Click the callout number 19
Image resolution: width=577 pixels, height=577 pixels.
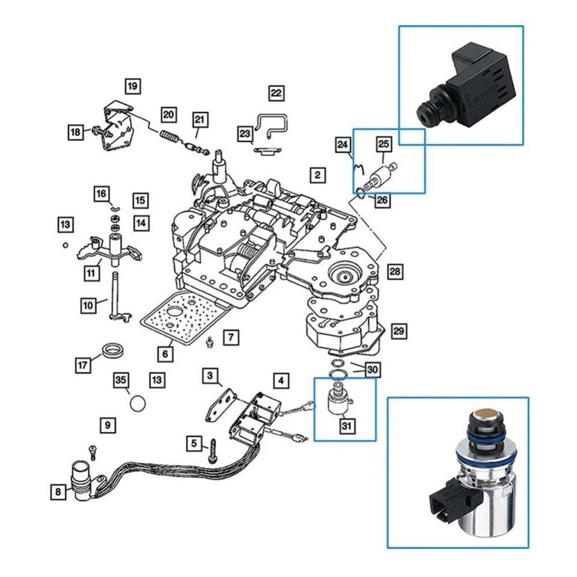click(133, 87)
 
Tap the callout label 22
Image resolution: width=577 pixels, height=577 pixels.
click(276, 93)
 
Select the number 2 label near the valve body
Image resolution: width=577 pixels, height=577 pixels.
click(317, 175)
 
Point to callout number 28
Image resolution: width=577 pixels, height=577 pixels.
click(395, 272)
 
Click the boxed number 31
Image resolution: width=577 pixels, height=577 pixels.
click(347, 426)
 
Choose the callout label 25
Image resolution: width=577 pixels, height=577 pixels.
click(383, 144)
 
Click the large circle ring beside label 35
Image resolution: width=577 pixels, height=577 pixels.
click(138, 402)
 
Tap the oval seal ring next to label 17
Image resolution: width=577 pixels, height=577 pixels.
click(112, 349)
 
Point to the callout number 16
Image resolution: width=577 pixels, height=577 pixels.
click(101, 194)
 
